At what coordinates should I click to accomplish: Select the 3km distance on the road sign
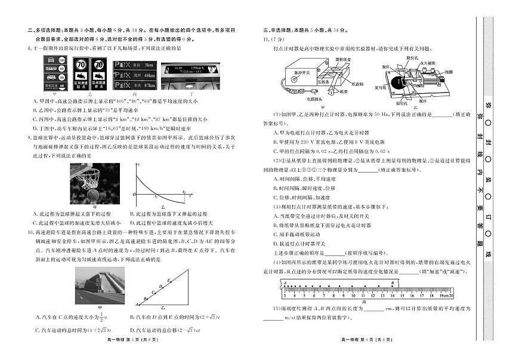tap(149, 64)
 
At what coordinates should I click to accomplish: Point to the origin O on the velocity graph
tap(134, 194)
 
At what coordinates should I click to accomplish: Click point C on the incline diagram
tap(153, 290)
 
